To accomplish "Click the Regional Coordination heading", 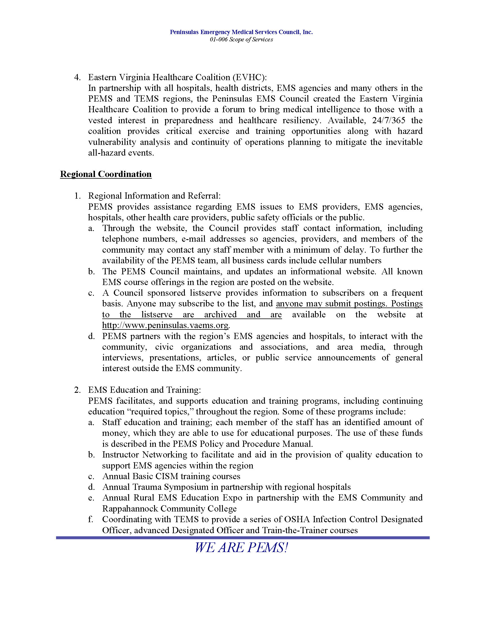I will (x=106, y=174).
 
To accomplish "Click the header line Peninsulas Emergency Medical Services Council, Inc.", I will (x=241, y=32).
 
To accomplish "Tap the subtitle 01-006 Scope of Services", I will (x=241, y=40).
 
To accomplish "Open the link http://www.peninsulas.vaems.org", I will (x=165, y=325).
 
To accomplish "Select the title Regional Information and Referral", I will (x=154, y=196).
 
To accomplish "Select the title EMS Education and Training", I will (x=144, y=390).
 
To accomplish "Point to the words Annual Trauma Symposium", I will (x=155, y=487).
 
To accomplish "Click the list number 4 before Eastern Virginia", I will (x=76, y=77).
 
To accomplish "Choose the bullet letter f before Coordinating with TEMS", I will (x=90, y=519).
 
